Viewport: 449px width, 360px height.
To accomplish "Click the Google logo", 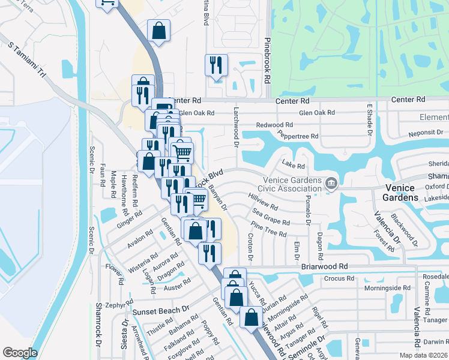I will click(x=20, y=353).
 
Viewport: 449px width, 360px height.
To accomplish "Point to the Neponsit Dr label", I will click(x=426, y=132).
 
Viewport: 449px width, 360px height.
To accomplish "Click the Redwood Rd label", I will click(x=274, y=125).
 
